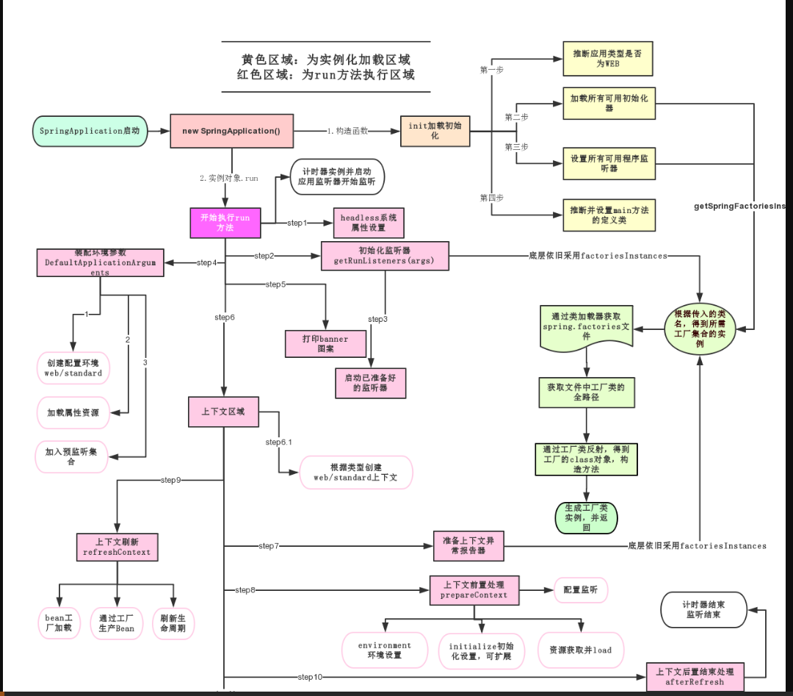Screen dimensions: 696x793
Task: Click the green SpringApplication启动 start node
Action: (90, 131)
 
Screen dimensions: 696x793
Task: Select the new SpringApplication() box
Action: (231, 131)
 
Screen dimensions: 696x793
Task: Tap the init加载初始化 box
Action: (434, 131)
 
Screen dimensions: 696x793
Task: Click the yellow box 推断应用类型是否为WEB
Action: (607, 59)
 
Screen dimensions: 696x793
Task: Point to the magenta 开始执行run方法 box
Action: (225, 223)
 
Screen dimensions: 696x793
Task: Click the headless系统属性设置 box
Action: (368, 223)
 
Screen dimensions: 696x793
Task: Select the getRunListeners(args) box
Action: (384, 256)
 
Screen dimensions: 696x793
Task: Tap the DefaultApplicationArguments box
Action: (100, 262)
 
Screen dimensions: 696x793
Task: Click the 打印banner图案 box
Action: (325, 343)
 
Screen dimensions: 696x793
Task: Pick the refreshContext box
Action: (117, 547)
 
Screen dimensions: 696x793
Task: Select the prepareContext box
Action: (474, 589)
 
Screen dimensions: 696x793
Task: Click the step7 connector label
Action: (269, 546)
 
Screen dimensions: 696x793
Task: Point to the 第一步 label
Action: (492, 69)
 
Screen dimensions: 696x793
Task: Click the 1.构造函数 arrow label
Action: (347, 131)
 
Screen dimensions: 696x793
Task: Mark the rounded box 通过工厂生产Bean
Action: (117, 623)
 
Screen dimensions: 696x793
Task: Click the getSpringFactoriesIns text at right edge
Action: (742, 207)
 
